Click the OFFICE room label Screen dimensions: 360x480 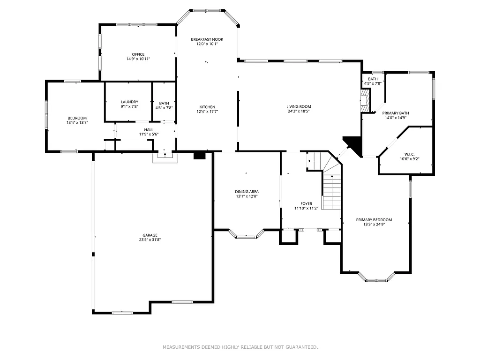point(138,54)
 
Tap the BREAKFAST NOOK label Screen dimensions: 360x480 point(207,39)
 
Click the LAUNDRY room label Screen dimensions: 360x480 point(129,102)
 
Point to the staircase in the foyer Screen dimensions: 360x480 point(331,192)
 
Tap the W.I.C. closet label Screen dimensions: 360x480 point(407,154)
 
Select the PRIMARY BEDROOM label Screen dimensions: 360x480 point(374,220)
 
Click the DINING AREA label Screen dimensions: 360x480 point(247,192)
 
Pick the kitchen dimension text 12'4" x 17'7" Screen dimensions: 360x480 point(207,112)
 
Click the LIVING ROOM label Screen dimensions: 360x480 point(299,107)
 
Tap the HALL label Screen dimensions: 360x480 point(149,129)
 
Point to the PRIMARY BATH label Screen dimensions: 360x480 point(396,113)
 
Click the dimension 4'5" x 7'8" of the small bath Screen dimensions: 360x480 point(373,84)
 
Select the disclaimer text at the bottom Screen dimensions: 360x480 point(240,347)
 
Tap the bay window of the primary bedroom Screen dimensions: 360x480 point(377,280)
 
